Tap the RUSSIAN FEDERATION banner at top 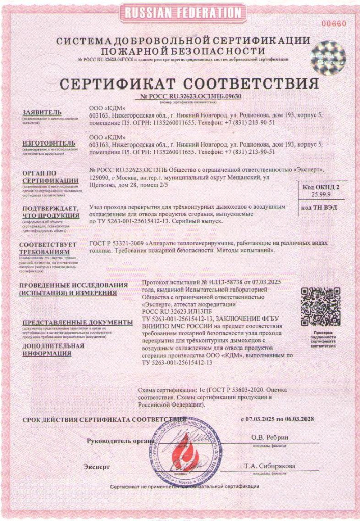180,12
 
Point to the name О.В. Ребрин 269,437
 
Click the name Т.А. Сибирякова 269,466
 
